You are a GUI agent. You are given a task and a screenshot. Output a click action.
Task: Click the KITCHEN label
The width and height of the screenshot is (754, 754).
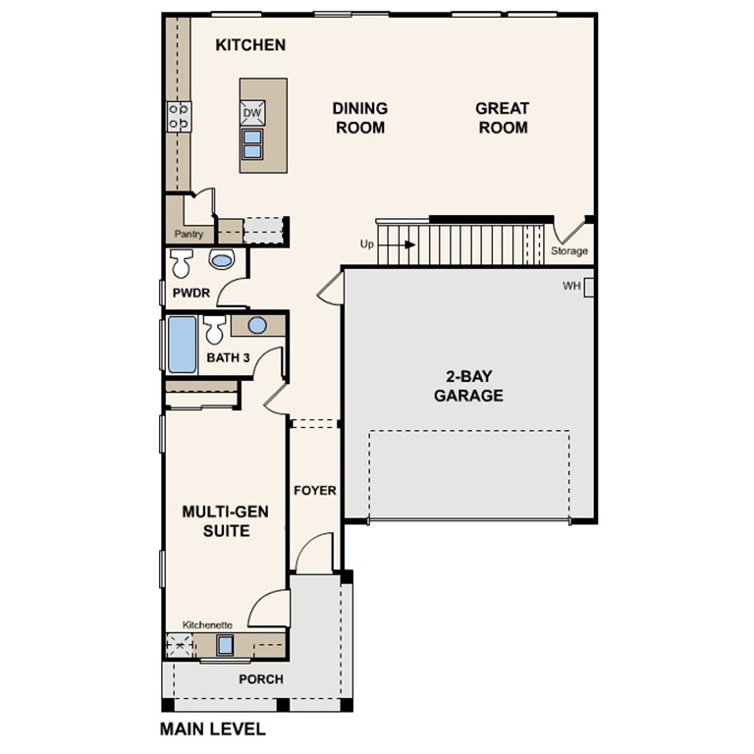click(x=250, y=45)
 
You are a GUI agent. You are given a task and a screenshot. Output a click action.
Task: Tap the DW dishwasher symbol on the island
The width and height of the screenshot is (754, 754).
click(x=252, y=113)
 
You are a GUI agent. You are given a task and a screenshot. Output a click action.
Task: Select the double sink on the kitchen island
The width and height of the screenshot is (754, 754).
click(x=252, y=144)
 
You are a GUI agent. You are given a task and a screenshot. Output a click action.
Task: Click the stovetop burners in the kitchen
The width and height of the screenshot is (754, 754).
click(x=179, y=118)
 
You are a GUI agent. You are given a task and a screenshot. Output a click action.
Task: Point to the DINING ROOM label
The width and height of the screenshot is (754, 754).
click(x=359, y=118)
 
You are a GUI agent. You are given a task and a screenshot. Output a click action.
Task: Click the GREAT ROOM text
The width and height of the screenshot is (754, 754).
click(x=502, y=118)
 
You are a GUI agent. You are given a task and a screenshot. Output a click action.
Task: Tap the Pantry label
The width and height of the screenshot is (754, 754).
click(x=188, y=235)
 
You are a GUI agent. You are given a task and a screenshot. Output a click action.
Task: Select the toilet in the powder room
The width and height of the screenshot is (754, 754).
click(x=182, y=263)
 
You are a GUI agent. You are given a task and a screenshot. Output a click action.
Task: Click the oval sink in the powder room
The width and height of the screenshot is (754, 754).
click(x=223, y=261)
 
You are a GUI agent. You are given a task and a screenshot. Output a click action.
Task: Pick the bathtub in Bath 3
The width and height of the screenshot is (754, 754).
click(x=182, y=345)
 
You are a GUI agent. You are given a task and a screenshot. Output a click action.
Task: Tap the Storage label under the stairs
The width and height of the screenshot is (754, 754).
click(x=569, y=251)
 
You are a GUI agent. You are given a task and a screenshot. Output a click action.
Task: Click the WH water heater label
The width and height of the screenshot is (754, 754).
click(x=571, y=287)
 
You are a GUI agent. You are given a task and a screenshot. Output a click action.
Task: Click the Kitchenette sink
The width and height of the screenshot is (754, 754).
click(x=225, y=645)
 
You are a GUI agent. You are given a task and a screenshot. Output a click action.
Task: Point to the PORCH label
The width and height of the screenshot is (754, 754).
click(x=261, y=679)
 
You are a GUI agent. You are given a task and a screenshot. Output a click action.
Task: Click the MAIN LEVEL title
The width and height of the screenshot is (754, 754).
click(x=212, y=729)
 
